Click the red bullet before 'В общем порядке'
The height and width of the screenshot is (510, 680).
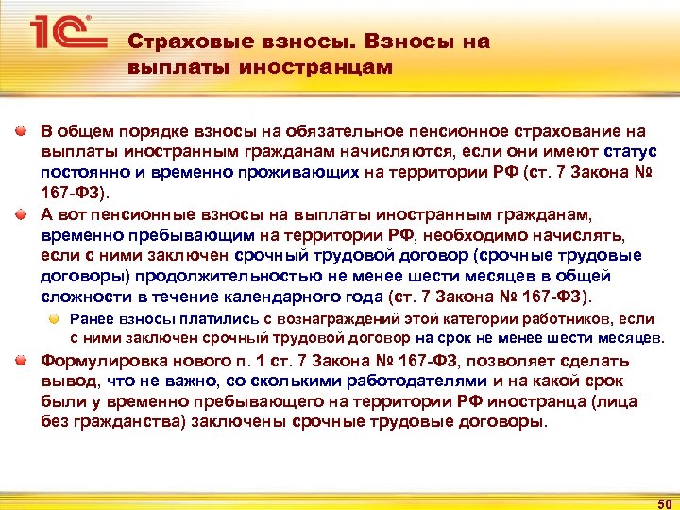click(x=20, y=132)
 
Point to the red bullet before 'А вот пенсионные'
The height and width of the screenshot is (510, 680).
click(x=20, y=213)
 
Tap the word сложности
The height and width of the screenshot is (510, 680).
click(x=81, y=297)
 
